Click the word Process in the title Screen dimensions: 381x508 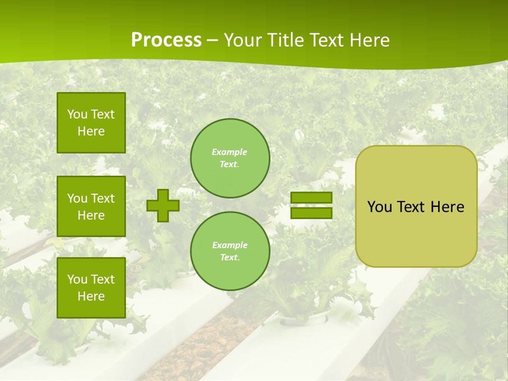[166, 40]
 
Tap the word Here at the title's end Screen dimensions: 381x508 [368, 40]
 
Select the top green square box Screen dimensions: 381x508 [91, 123]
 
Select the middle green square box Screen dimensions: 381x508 [91, 206]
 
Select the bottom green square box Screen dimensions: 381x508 [91, 287]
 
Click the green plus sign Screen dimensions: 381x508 [163, 205]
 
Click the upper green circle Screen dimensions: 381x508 [230, 158]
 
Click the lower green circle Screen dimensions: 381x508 [230, 251]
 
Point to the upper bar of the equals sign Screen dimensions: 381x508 [311, 198]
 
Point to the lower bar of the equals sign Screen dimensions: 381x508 [311, 213]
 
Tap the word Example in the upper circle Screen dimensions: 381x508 [229, 152]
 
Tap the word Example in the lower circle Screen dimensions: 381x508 [230, 245]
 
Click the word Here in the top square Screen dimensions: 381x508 [91, 131]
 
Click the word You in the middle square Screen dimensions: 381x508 [77, 198]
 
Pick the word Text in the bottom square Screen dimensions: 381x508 [103, 279]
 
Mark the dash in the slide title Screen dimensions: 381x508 [212, 41]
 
